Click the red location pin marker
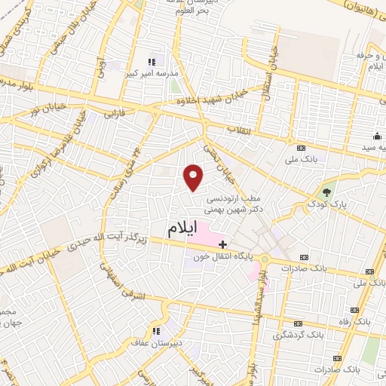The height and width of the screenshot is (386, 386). pos(194,176)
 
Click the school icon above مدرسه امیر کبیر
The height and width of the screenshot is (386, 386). pos(152,61)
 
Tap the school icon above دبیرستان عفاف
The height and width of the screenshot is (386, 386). pos(156,331)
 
